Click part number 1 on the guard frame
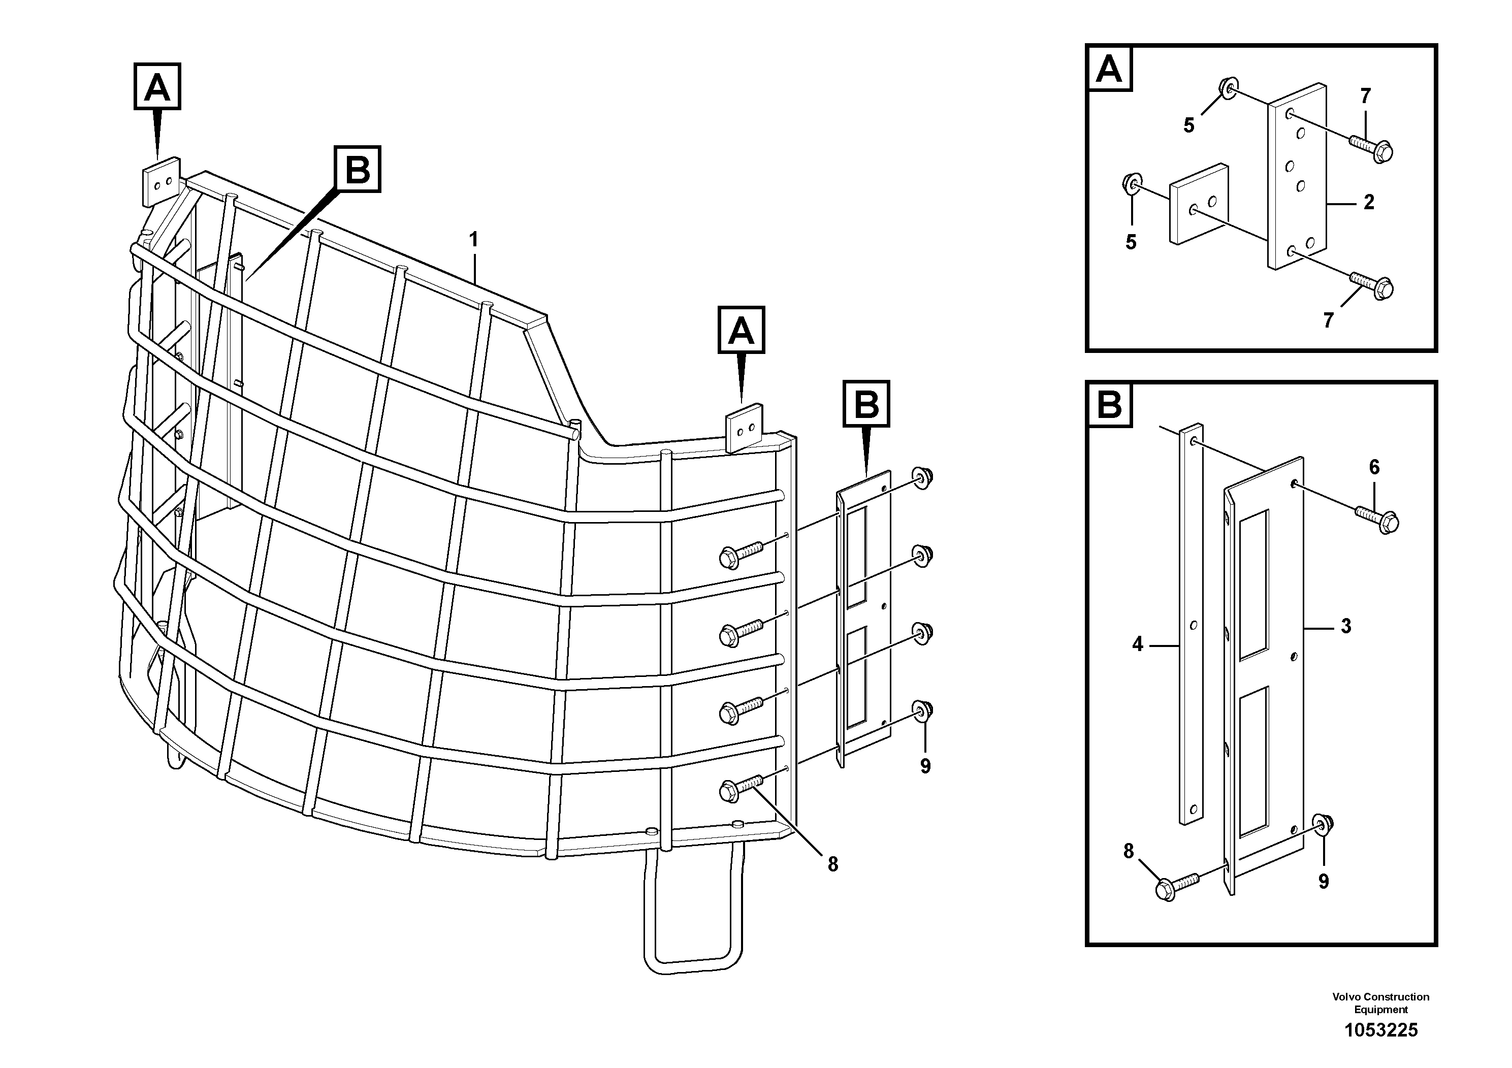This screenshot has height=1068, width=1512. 473,240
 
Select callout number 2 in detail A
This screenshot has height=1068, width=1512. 1368,202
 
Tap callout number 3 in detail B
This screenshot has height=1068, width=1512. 1345,626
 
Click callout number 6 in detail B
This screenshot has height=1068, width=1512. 1374,468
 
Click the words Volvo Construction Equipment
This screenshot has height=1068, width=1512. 1380,1003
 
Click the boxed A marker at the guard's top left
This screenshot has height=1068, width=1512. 157,86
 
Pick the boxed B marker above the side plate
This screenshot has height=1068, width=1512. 866,403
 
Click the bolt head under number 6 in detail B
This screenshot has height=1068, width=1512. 1388,523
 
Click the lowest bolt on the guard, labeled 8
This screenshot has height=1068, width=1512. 729,791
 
